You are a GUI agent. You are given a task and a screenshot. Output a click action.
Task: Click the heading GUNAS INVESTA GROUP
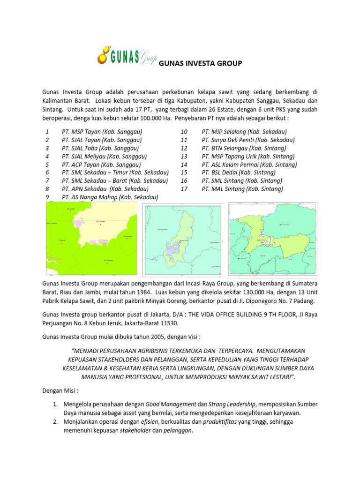(x=201, y=63)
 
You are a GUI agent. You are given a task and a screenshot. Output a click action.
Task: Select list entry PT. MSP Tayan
(x=102, y=132)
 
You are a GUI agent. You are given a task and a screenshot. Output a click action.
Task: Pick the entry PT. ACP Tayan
(x=101, y=165)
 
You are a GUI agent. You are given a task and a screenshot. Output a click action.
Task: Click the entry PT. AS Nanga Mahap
(x=110, y=197)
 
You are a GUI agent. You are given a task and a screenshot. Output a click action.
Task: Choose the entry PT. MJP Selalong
(x=244, y=132)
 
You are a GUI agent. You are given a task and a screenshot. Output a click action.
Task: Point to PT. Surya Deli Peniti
(x=248, y=140)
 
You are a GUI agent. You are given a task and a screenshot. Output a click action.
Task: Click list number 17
(x=184, y=189)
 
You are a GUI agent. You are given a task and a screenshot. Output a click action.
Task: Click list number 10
(x=184, y=132)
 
